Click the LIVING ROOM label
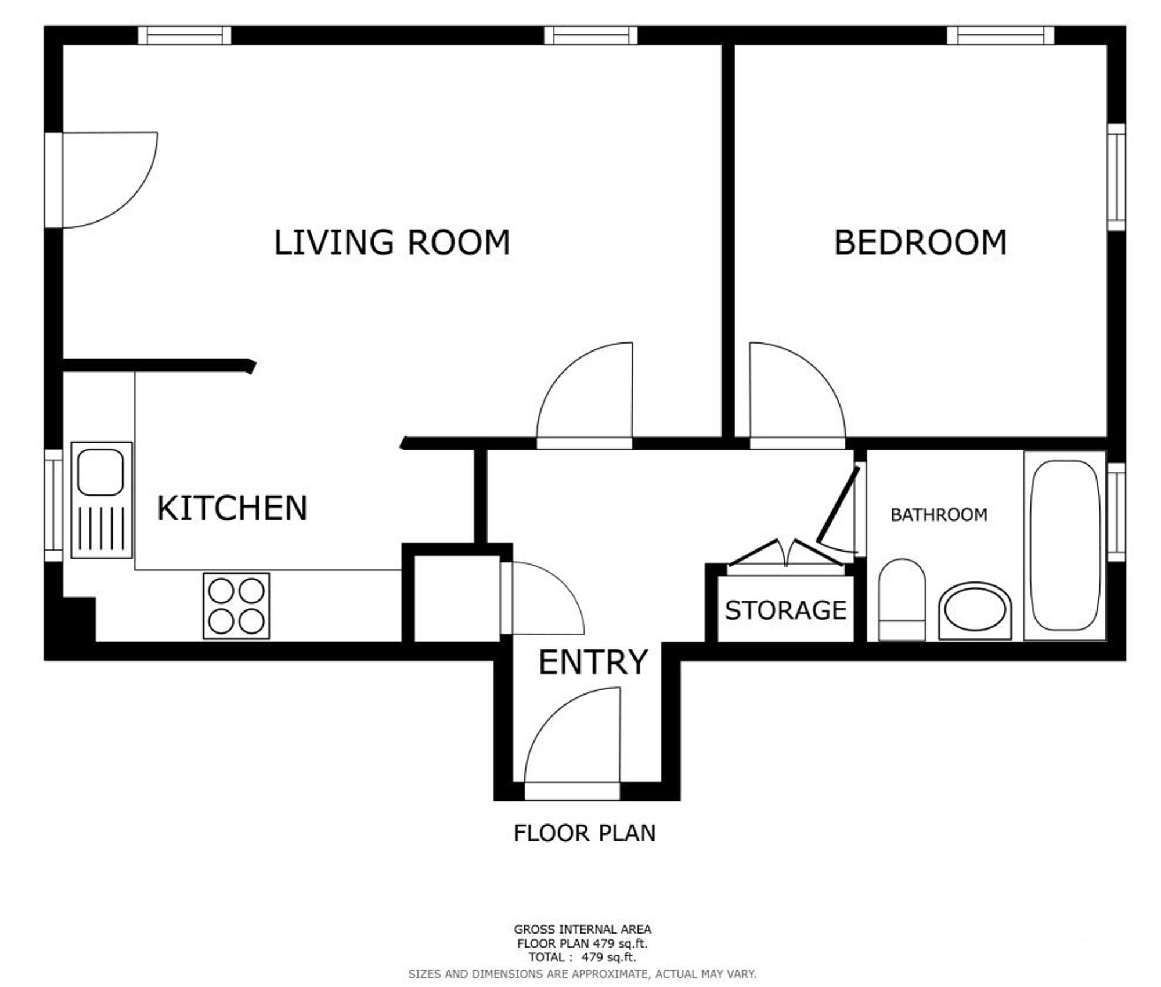(392, 243)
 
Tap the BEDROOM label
(920, 243)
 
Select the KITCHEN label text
(232, 508)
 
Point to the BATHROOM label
(939, 515)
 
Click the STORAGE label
(785, 610)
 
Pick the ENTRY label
(593, 662)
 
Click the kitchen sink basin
(100, 472)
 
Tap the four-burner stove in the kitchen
(236, 606)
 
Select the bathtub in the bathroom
(1065, 546)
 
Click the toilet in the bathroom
(902, 600)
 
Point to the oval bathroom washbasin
(975, 611)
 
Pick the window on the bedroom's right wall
(1116, 177)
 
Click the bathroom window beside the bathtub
(1116, 512)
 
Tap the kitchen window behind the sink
(53, 505)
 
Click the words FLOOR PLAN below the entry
(585, 833)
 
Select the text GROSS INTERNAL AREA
(582, 930)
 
